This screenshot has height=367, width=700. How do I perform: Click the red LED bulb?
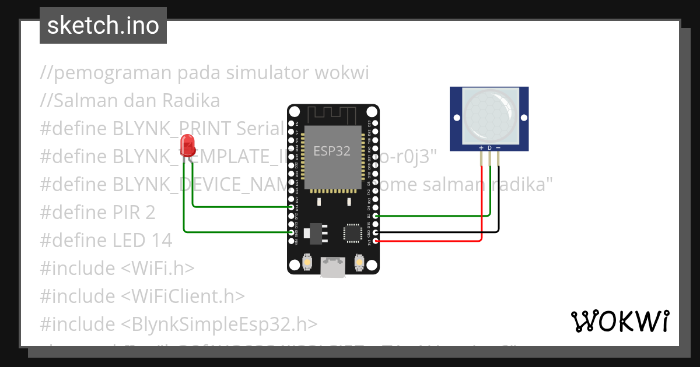click(x=187, y=144)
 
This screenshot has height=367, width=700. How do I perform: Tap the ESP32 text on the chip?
click(x=332, y=151)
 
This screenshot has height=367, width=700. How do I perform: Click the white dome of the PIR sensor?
click(x=489, y=115)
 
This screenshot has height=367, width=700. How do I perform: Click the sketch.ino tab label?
click(x=103, y=26)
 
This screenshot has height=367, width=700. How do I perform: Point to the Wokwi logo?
click(x=619, y=320)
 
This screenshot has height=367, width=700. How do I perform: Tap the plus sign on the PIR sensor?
click(x=481, y=148)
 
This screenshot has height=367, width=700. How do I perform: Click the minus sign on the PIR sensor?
click(x=498, y=148)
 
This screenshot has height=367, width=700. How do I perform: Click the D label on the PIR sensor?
click(x=490, y=148)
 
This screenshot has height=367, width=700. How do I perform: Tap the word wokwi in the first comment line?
click(x=341, y=73)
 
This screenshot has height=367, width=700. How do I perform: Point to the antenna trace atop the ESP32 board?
click(x=333, y=113)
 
